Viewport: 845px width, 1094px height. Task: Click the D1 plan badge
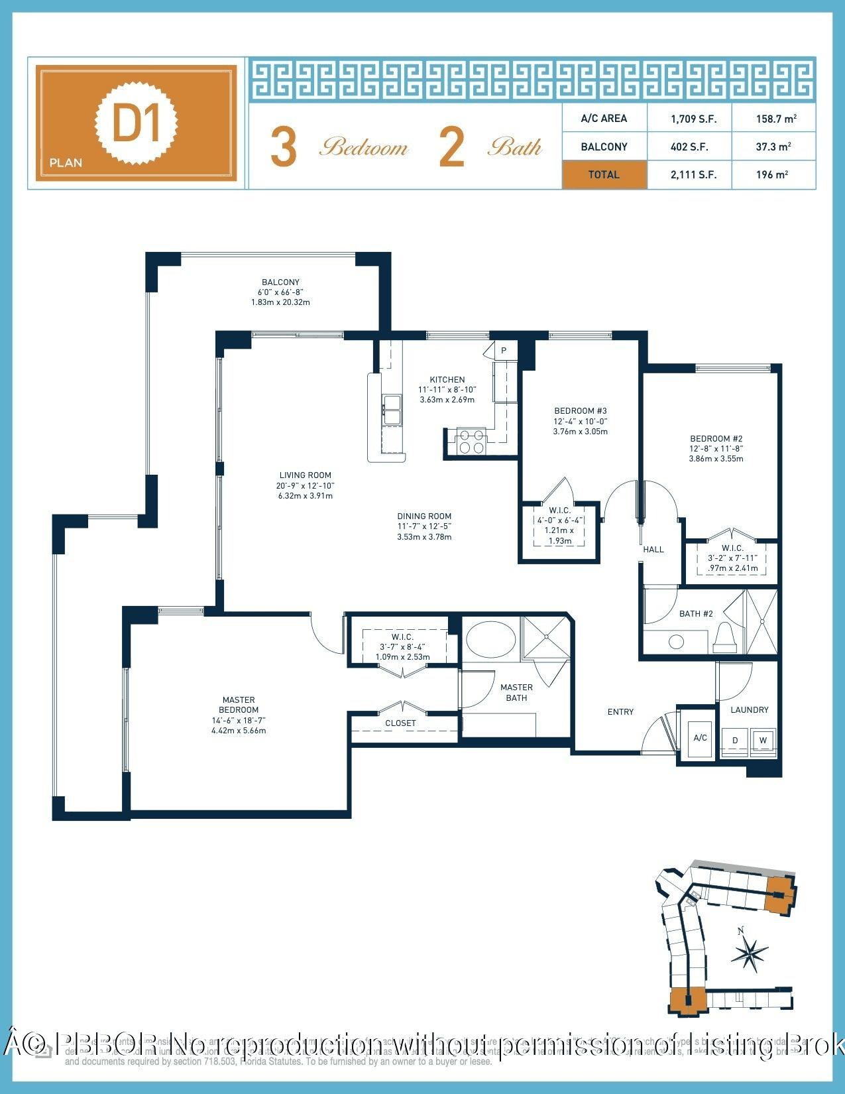point(137,123)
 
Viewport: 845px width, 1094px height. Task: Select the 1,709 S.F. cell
point(693,119)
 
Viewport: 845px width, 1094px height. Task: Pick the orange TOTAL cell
point(604,175)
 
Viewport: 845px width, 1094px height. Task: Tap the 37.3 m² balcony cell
point(773,147)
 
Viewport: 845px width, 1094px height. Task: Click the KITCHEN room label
point(447,380)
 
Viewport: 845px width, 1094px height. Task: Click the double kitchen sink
point(392,409)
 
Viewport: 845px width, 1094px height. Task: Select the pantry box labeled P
point(504,351)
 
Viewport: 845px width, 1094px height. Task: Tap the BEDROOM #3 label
point(581,411)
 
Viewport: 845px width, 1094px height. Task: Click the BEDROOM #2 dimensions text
point(716,454)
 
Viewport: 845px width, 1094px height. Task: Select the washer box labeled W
point(763,741)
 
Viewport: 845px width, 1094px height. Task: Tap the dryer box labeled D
point(735,741)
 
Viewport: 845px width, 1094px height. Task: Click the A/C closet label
point(700,737)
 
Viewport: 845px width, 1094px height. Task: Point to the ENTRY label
point(620,711)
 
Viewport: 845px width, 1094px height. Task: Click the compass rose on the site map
point(750,955)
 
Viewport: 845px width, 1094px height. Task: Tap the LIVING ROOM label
point(305,475)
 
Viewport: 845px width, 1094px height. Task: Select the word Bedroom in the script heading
point(364,147)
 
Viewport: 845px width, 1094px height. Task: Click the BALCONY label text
point(280,282)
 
